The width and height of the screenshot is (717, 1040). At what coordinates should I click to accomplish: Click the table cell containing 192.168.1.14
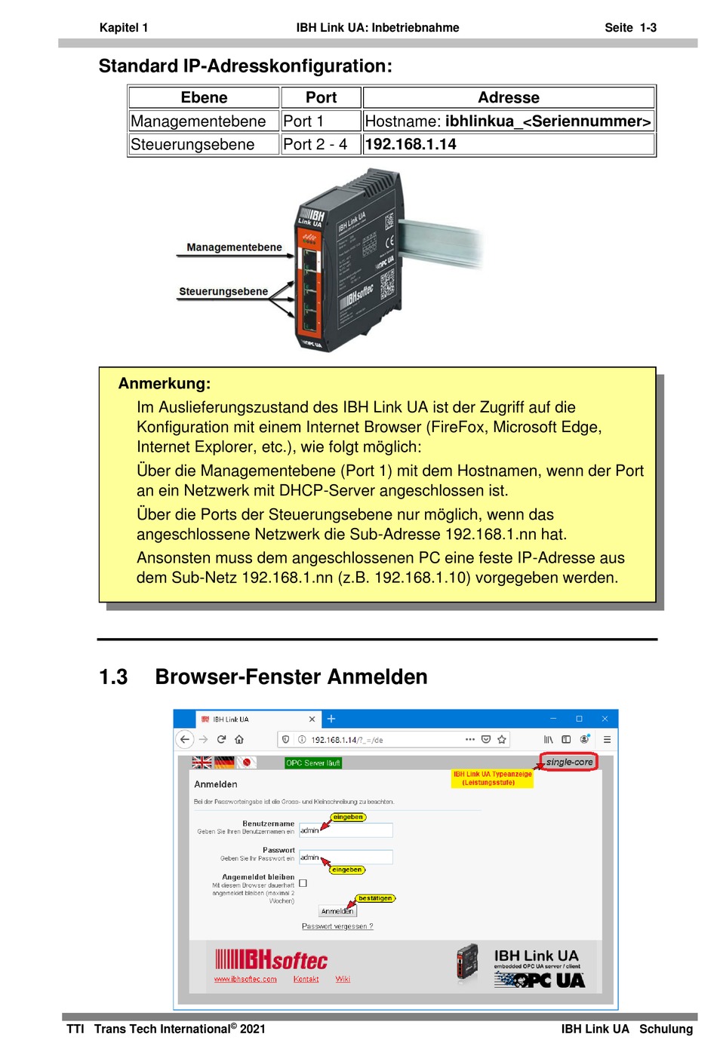[x=508, y=144]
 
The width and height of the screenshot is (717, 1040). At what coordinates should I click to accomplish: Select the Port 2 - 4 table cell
[x=321, y=144]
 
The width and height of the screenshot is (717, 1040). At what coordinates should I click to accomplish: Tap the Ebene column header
[x=204, y=97]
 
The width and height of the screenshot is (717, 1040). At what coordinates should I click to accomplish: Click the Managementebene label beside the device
[x=234, y=247]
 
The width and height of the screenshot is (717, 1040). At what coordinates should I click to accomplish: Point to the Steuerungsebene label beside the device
[x=223, y=291]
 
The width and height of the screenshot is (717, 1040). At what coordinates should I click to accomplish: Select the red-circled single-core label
[x=569, y=762]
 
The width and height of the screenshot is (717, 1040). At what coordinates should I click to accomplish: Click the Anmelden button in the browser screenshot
[x=337, y=911]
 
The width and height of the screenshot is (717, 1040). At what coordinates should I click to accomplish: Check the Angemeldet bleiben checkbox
[x=303, y=882]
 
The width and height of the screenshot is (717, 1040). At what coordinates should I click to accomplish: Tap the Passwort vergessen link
[x=337, y=926]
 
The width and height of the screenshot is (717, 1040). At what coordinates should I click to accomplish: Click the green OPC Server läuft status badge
[x=313, y=762]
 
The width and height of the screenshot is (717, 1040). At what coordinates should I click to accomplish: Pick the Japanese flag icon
[x=246, y=762]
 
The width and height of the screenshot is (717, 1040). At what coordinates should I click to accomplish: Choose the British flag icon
[x=202, y=762]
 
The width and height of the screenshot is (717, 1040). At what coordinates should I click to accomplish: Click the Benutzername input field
[x=346, y=830]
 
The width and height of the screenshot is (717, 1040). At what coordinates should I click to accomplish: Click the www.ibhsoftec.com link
[x=245, y=979]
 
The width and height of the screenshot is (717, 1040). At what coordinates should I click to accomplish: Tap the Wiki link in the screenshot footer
[x=343, y=979]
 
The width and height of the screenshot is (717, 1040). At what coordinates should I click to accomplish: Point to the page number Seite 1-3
[x=630, y=28]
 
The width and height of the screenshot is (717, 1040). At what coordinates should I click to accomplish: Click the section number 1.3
[x=113, y=676]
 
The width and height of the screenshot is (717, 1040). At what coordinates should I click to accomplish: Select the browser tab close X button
[x=312, y=719]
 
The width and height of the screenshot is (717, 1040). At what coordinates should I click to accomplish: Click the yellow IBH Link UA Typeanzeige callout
[x=492, y=778]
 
